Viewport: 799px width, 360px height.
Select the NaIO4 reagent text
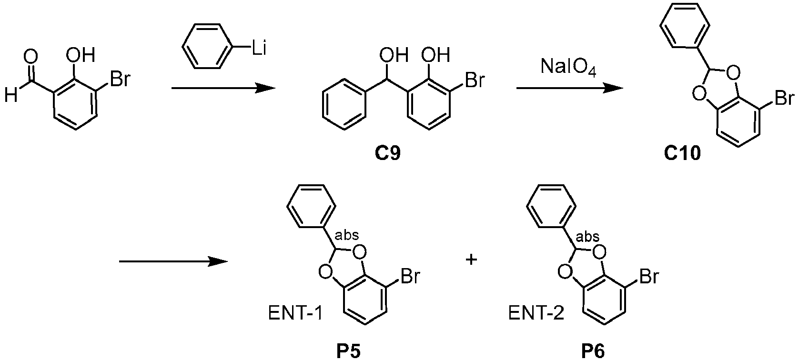click(568, 67)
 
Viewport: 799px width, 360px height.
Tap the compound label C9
click(387, 153)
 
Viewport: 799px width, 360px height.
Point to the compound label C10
click(682, 153)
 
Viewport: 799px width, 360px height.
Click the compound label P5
click(348, 351)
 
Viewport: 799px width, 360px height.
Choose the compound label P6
click(593, 351)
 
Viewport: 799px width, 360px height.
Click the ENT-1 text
click(295, 314)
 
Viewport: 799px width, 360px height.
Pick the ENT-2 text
click(536, 314)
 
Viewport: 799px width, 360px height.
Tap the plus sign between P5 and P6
click(471, 260)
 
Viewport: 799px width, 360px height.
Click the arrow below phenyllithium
click(223, 88)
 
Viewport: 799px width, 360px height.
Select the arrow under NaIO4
click(570, 88)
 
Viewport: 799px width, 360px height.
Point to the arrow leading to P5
click(173, 261)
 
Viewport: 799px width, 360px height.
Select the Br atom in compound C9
click(475, 79)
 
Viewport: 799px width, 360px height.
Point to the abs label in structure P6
click(587, 236)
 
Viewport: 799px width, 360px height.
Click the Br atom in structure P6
click(649, 276)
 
